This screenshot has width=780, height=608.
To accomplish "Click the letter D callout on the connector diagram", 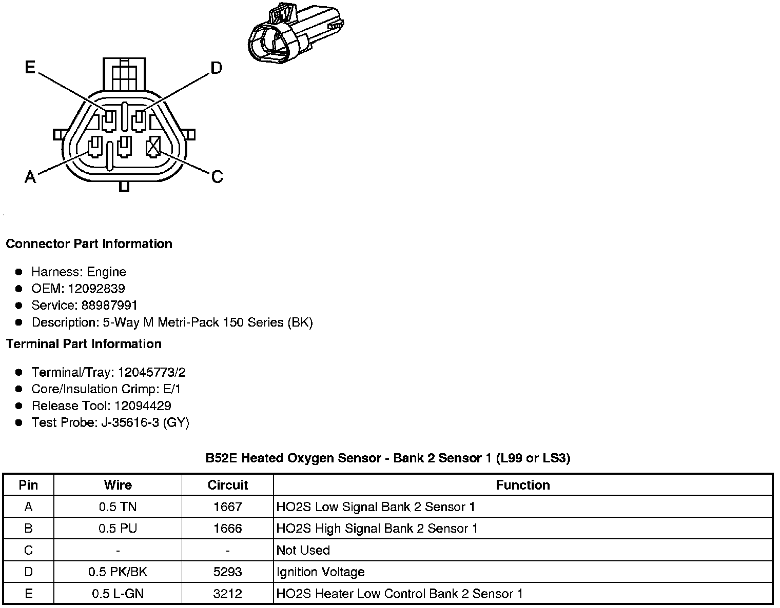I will (217, 68).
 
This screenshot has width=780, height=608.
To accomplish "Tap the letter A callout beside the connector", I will (30, 177).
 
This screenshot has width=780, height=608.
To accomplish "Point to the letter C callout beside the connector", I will (217, 177).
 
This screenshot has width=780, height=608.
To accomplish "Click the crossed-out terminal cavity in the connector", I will (153, 148).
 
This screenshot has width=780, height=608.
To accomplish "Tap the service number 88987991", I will (110, 306).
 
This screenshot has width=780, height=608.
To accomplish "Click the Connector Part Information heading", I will (89, 244).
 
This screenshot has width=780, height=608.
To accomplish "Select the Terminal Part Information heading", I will (84, 344).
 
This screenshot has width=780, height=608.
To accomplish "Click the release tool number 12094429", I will (143, 406).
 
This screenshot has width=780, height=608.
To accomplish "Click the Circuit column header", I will (227, 485).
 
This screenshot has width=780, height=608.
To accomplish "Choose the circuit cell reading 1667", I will (227, 507).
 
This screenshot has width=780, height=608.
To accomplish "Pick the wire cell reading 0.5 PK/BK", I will (118, 572).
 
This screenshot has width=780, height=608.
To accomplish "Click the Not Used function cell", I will (303, 550).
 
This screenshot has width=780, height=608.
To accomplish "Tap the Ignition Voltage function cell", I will (320, 572).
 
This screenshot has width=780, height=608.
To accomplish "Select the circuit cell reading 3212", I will (227, 594).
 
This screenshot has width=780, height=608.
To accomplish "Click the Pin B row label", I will (28, 529).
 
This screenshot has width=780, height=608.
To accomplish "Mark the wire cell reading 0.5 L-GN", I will (118, 594).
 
